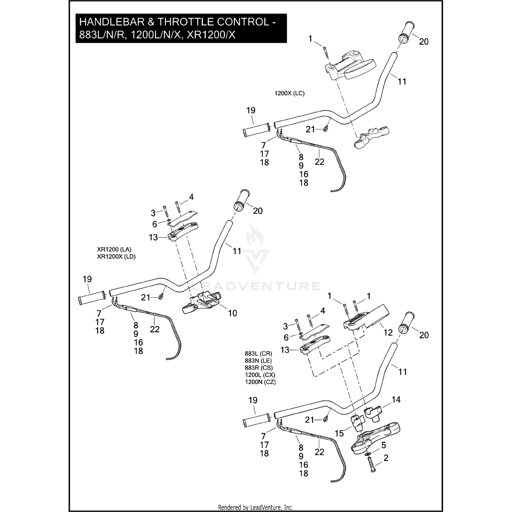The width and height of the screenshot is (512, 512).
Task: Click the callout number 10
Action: (232, 313)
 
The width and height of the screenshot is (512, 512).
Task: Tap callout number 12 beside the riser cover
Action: (388, 332)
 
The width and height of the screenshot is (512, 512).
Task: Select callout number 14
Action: (396, 399)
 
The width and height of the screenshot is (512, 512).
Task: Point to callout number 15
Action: (339, 433)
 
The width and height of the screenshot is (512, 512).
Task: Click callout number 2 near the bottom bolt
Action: (386, 458)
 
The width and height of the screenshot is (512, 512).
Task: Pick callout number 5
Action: (384, 445)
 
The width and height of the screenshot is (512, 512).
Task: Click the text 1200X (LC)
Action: (289, 93)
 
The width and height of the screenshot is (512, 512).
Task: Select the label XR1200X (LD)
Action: (116, 257)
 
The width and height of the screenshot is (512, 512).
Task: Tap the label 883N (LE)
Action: (258, 360)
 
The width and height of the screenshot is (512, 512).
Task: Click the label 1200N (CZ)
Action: (260, 382)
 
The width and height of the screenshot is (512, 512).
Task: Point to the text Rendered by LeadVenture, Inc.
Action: (256, 507)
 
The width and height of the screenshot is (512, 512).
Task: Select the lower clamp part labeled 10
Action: (202, 302)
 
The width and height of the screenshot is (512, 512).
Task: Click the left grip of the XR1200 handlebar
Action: (91, 298)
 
